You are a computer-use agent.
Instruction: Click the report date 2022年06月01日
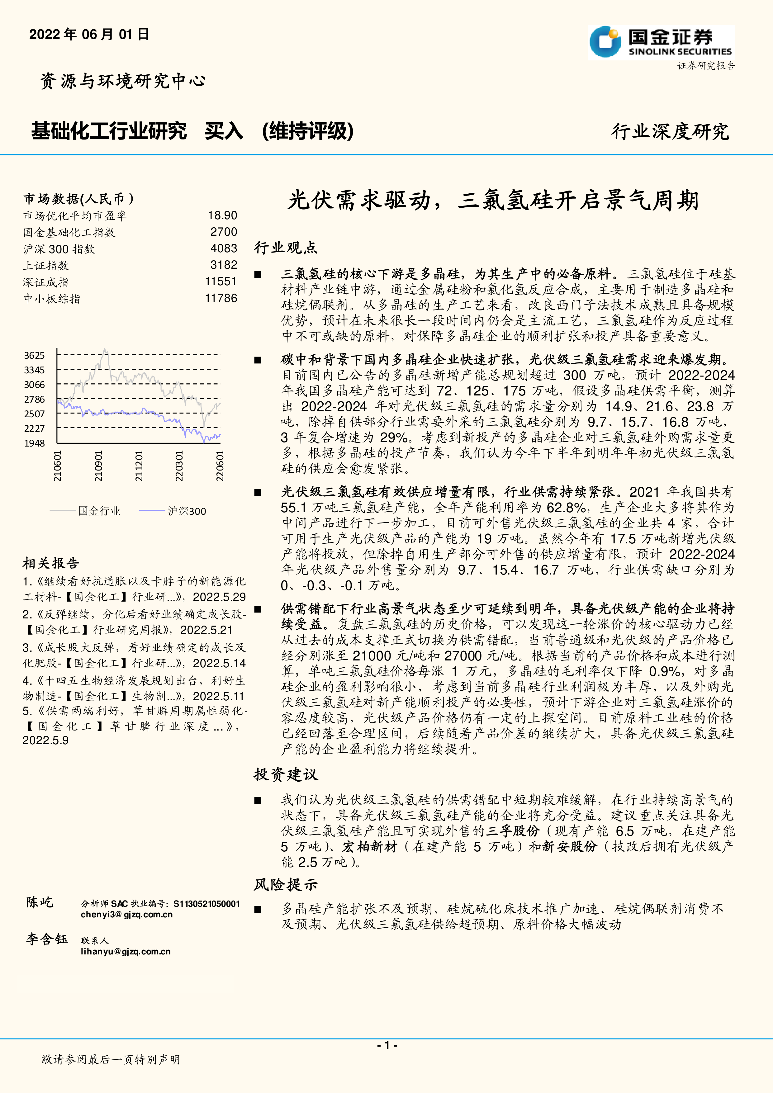coord(89,34)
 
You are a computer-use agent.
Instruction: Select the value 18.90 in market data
coord(222,216)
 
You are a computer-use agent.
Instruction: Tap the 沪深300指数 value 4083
coord(224,248)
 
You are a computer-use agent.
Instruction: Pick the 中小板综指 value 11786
coord(221,299)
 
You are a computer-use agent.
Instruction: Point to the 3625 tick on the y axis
coord(34,356)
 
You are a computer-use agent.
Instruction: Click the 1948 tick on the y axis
coord(34,443)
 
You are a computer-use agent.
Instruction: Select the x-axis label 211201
coord(139,466)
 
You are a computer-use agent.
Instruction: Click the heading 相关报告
coord(51,563)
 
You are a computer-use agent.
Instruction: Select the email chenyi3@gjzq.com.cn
coord(127,915)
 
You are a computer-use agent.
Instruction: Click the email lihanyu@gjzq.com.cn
coord(126,952)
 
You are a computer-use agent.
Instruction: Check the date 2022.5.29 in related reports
coord(220,597)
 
